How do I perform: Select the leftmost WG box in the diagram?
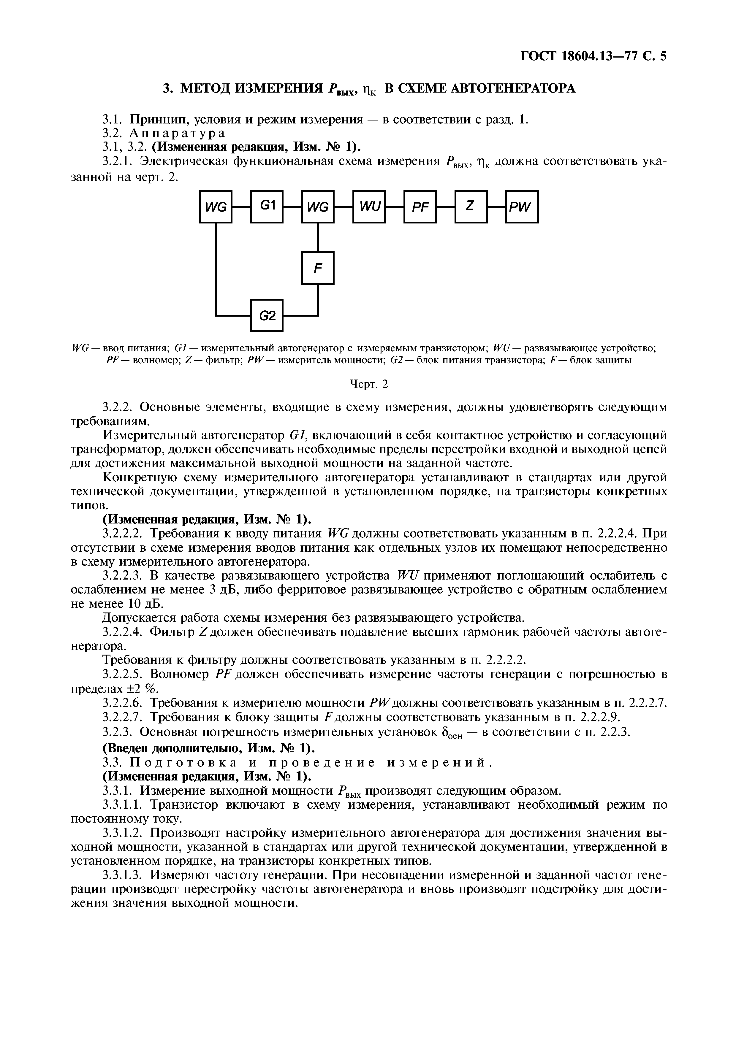coord(216,207)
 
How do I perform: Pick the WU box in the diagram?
coord(369,207)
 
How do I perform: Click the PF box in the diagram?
coord(420,207)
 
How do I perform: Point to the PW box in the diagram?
coord(522,207)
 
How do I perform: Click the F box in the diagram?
coord(318,268)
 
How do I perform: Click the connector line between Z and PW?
coord(497,207)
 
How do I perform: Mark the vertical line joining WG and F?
coord(318,238)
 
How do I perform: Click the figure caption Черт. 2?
coord(369,384)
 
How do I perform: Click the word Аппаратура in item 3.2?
coord(177,133)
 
